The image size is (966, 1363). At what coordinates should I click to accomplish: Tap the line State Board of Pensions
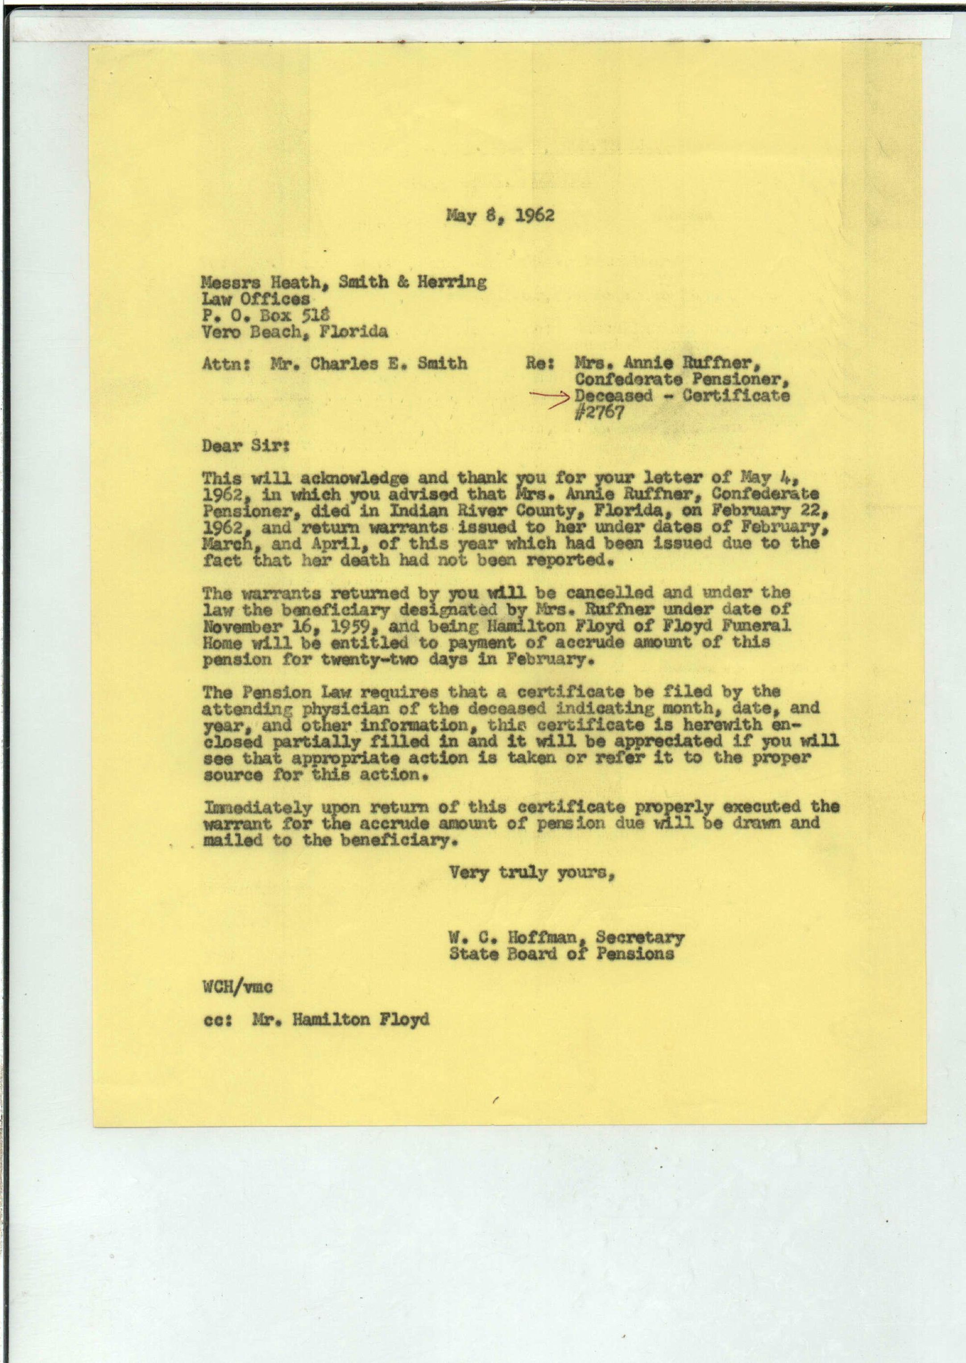(x=562, y=953)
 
